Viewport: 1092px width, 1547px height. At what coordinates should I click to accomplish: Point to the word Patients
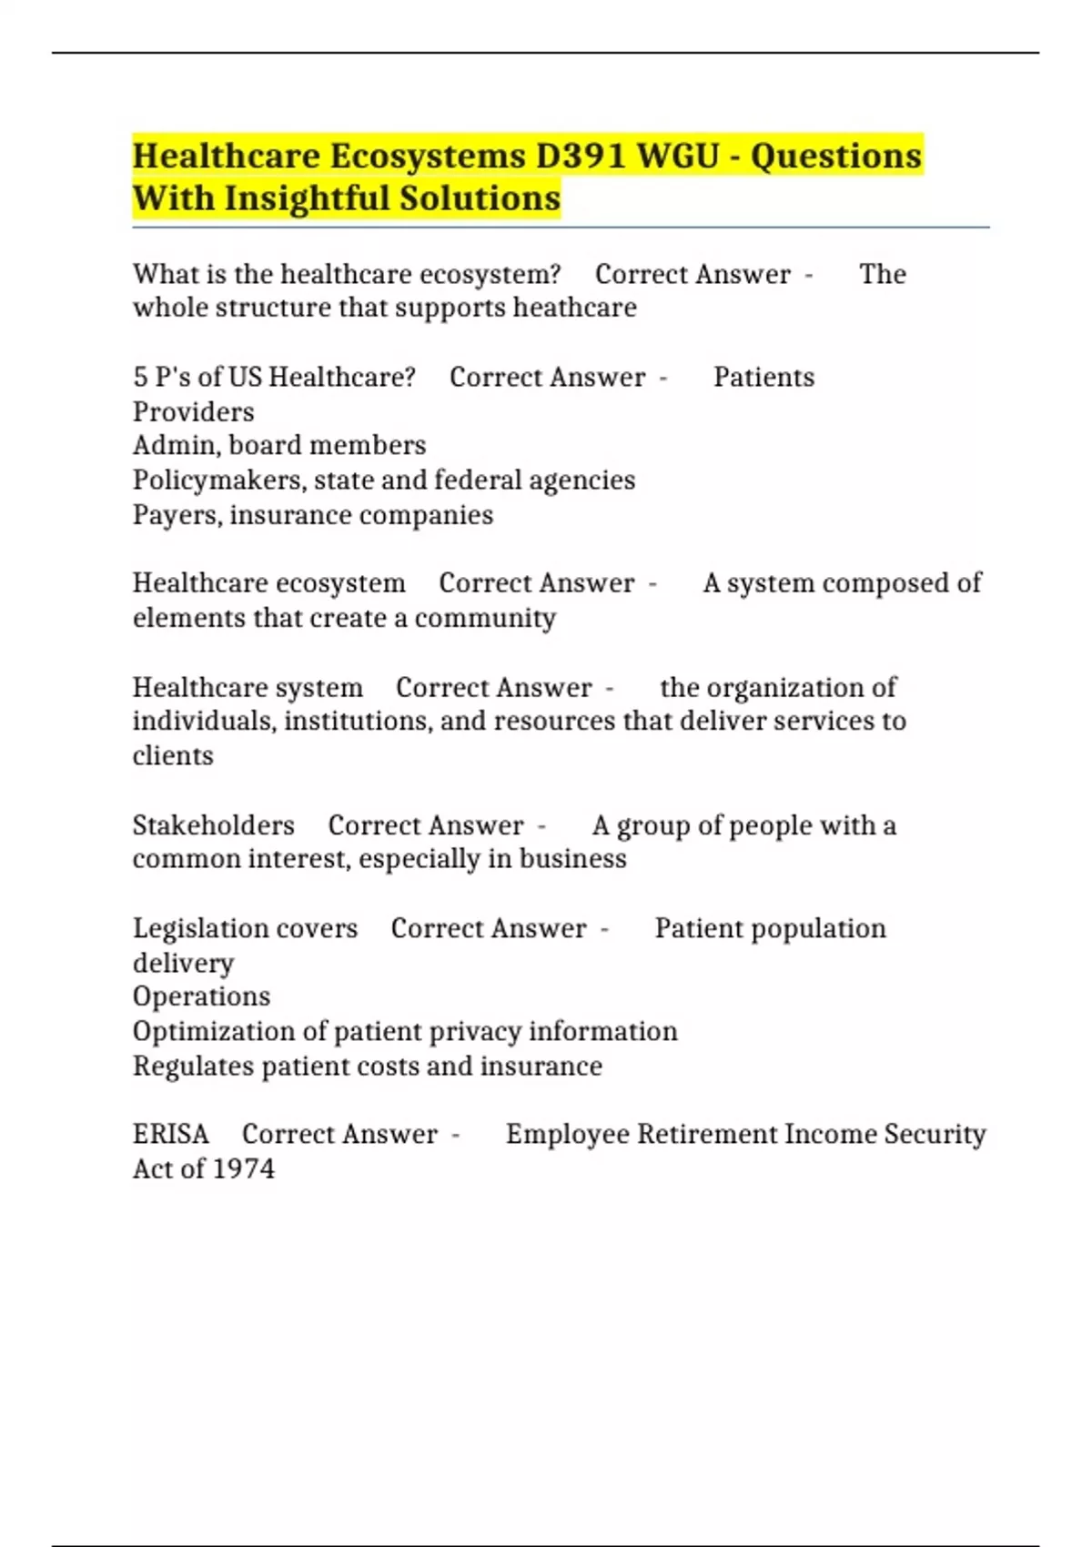(763, 377)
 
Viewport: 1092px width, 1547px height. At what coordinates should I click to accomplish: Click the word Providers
(193, 411)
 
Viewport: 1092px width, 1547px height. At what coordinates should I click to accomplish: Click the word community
(485, 618)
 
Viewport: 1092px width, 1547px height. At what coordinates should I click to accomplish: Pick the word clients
(173, 755)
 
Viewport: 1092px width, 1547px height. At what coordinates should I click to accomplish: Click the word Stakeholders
(214, 824)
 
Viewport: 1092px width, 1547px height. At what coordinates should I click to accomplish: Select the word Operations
(201, 996)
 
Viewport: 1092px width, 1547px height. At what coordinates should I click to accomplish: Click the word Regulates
(193, 1066)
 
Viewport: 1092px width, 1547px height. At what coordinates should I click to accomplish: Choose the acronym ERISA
(170, 1134)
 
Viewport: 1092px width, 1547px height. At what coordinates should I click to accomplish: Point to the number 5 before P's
(140, 377)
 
